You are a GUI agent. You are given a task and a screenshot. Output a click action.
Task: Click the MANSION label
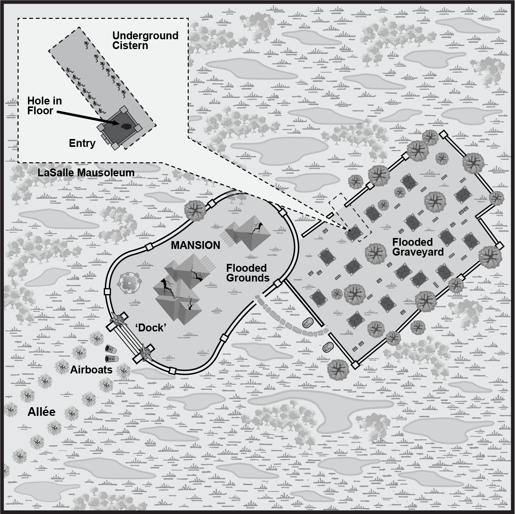(195, 245)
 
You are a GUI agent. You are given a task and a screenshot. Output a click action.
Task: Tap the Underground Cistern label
(145, 40)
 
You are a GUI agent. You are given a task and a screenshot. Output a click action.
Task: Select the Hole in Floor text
(45, 106)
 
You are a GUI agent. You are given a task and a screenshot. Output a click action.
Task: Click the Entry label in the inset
(82, 143)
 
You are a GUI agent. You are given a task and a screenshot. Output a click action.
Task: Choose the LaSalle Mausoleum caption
(86, 172)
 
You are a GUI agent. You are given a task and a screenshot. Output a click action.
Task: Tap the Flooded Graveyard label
(418, 247)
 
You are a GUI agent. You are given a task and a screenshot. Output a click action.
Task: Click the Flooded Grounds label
(248, 273)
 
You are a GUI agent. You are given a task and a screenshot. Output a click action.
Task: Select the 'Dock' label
(151, 327)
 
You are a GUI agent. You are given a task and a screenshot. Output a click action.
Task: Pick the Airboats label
(91, 370)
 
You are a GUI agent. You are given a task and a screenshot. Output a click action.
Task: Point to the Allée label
(41, 412)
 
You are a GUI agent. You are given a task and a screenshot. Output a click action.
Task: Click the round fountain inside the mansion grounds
(129, 283)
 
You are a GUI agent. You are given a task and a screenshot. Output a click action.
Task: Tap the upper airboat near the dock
(110, 348)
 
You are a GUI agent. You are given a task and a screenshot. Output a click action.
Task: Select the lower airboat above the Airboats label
(112, 359)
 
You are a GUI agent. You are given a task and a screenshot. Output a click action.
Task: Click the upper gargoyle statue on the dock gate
(118, 319)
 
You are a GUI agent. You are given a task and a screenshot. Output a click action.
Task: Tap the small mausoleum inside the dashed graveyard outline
(354, 233)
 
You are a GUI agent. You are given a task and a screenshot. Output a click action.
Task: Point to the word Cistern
(130, 46)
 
